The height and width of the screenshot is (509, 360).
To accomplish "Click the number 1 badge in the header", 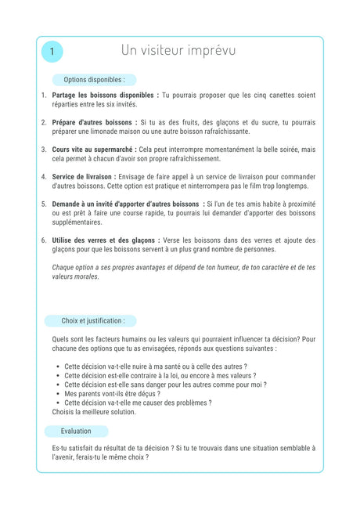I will (52, 52).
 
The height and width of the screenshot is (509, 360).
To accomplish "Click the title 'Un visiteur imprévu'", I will (178, 50).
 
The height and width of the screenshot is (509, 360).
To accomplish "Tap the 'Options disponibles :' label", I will (94, 80).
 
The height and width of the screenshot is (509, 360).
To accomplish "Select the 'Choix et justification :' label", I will (93, 320).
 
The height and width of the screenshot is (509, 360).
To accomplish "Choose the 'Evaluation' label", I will (76, 431).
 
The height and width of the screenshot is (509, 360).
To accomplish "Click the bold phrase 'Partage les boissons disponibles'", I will (104, 95).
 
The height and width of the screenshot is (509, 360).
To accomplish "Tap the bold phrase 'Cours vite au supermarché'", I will (93, 149).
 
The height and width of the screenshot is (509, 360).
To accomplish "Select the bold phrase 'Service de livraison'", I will (84, 176).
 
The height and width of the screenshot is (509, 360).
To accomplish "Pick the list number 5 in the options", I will (44, 204).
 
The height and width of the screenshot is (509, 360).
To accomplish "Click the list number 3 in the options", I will (44, 149).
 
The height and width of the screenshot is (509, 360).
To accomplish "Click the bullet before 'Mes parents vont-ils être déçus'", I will (59, 394).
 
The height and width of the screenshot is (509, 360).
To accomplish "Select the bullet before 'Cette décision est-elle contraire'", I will (59, 376).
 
